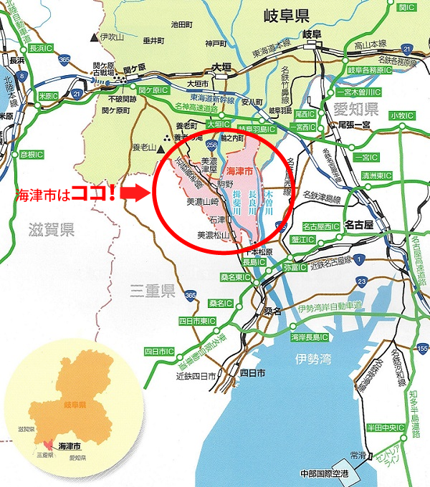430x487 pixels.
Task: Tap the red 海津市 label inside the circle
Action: [239, 172]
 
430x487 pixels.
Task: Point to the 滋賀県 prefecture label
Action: [52, 230]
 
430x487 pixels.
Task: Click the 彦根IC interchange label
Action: [33, 154]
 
